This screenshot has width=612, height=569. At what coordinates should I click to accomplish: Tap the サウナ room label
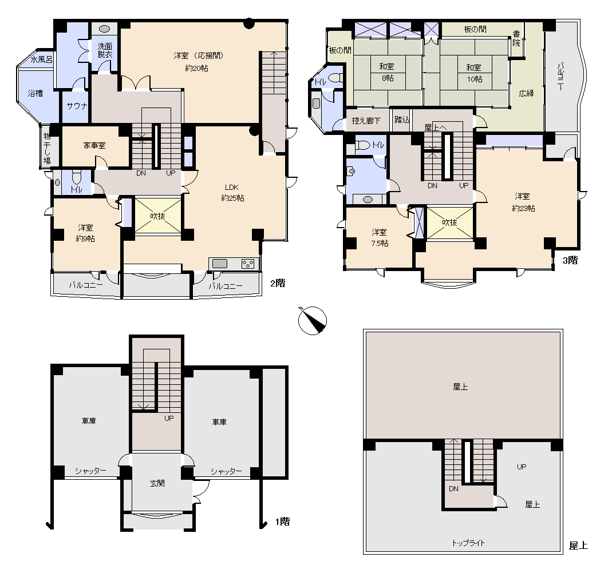pos(77,106)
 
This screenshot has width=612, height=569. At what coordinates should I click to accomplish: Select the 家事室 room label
pos(94,145)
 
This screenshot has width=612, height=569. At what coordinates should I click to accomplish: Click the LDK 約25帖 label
pos(232,193)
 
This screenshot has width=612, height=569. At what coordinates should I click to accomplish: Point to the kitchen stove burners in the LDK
pos(248,264)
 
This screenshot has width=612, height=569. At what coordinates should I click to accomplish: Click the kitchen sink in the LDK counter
pos(220,264)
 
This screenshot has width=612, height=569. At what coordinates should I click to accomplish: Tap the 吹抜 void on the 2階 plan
pos(158,216)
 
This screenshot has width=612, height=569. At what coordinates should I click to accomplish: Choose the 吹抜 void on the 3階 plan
pos(449,222)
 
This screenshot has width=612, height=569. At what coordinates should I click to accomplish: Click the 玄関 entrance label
pos(157,483)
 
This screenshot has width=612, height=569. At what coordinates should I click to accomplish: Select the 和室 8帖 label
pos(387,72)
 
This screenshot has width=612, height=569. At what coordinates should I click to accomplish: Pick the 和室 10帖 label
pos(474,73)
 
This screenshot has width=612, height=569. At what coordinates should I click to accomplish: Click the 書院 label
pos(516,38)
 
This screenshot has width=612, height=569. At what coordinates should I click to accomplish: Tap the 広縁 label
pos(526,93)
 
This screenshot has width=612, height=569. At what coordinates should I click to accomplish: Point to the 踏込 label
pos(402,120)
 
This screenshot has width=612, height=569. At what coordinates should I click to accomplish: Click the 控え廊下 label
pos(366,121)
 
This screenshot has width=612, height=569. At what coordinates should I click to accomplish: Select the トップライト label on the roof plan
pos(468,543)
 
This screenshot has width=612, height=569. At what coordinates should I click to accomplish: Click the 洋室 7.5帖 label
pos(380,237)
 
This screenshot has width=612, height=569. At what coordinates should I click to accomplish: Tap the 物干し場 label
pos(47,148)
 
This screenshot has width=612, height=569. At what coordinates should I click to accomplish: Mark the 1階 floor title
pos(283,522)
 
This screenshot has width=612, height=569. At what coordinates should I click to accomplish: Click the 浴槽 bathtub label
pos(35,93)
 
